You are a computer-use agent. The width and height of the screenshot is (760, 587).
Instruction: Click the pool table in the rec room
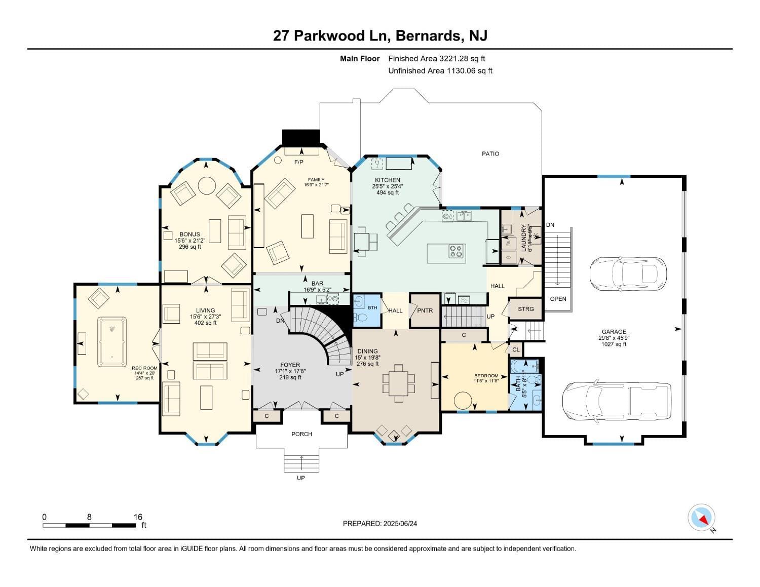(112, 341)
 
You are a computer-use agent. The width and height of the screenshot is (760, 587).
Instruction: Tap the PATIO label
(490, 153)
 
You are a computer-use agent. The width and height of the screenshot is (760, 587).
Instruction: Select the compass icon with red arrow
(701, 518)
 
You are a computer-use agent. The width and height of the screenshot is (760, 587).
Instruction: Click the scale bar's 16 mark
(138, 517)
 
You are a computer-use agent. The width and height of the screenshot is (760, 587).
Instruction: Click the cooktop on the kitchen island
(457, 251)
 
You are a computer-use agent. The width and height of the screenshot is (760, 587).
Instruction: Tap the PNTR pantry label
(425, 310)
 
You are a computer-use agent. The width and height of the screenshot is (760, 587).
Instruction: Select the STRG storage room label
(525, 309)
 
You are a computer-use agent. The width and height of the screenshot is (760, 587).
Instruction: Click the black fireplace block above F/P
(301, 137)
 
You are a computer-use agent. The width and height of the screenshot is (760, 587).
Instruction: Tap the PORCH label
(301, 434)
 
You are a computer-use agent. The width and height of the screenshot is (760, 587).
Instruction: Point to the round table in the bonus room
(206, 185)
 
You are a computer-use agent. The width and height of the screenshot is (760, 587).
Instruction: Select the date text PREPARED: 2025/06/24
(379, 524)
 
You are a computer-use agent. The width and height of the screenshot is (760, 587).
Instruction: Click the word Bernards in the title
(428, 35)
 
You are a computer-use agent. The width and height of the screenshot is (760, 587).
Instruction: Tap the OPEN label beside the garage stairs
(558, 299)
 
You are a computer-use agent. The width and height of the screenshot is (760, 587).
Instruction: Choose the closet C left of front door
(267, 416)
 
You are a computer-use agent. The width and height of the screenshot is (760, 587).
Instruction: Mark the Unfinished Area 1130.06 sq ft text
(440, 71)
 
